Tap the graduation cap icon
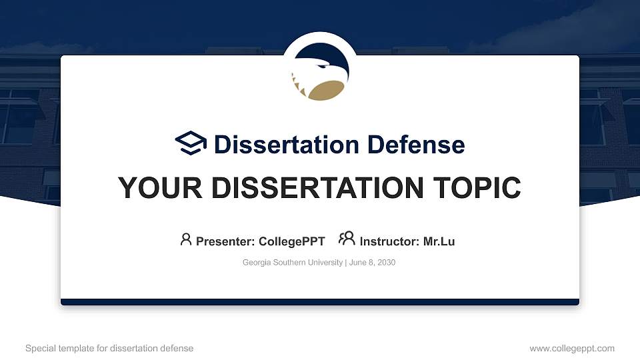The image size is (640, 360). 191,144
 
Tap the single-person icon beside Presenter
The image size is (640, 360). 186,239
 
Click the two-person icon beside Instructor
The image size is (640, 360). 347,239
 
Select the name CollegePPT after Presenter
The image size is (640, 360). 291,241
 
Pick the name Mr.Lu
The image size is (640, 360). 439,241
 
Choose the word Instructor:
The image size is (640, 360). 389,241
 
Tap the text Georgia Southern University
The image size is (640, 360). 293,263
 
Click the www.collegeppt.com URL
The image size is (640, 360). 571,348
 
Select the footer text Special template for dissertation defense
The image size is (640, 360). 109,348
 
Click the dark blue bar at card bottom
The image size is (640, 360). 319,302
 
